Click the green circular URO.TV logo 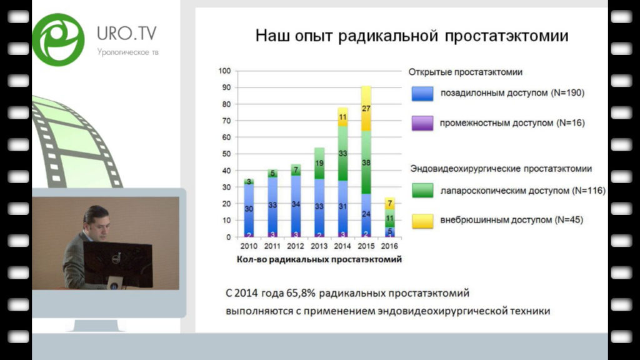pyautogui.click(x=58, y=39)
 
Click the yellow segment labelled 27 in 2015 pyautogui.click(x=366, y=109)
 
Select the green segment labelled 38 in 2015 pyautogui.click(x=366, y=162)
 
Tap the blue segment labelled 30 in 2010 pyautogui.click(x=249, y=209)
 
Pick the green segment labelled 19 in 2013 pyautogui.click(x=319, y=163)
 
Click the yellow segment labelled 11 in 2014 pyautogui.click(x=343, y=117)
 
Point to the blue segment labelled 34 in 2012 pyautogui.click(x=296, y=204)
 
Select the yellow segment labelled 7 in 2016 pyautogui.click(x=390, y=203)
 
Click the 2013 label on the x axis pyautogui.click(x=319, y=246)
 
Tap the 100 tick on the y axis pyautogui.click(x=224, y=71)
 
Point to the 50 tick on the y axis pyautogui.click(x=226, y=154)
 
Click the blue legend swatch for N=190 pyautogui.click(x=422, y=94)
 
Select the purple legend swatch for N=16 pyautogui.click(x=422, y=123)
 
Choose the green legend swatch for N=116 pyautogui.click(x=422, y=191)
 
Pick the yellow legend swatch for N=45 pyautogui.click(x=422, y=221)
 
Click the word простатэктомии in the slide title pyautogui.click(x=506, y=36)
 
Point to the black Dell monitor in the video pyautogui.click(x=117, y=263)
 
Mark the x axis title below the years pyautogui.click(x=319, y=259)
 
